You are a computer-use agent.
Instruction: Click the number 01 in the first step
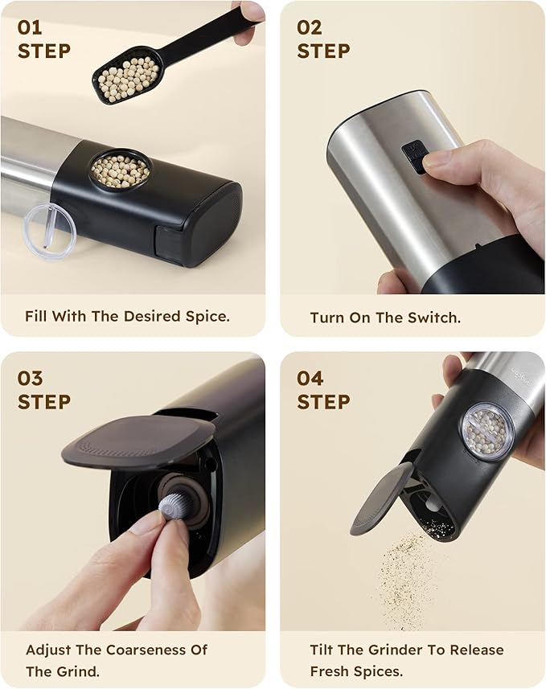30,27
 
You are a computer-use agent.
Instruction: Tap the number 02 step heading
310,27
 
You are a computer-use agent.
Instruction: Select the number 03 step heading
31,378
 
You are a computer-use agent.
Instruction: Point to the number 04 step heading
310,378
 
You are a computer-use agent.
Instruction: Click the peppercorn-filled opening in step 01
120,170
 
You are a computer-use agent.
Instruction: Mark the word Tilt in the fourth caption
324,650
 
